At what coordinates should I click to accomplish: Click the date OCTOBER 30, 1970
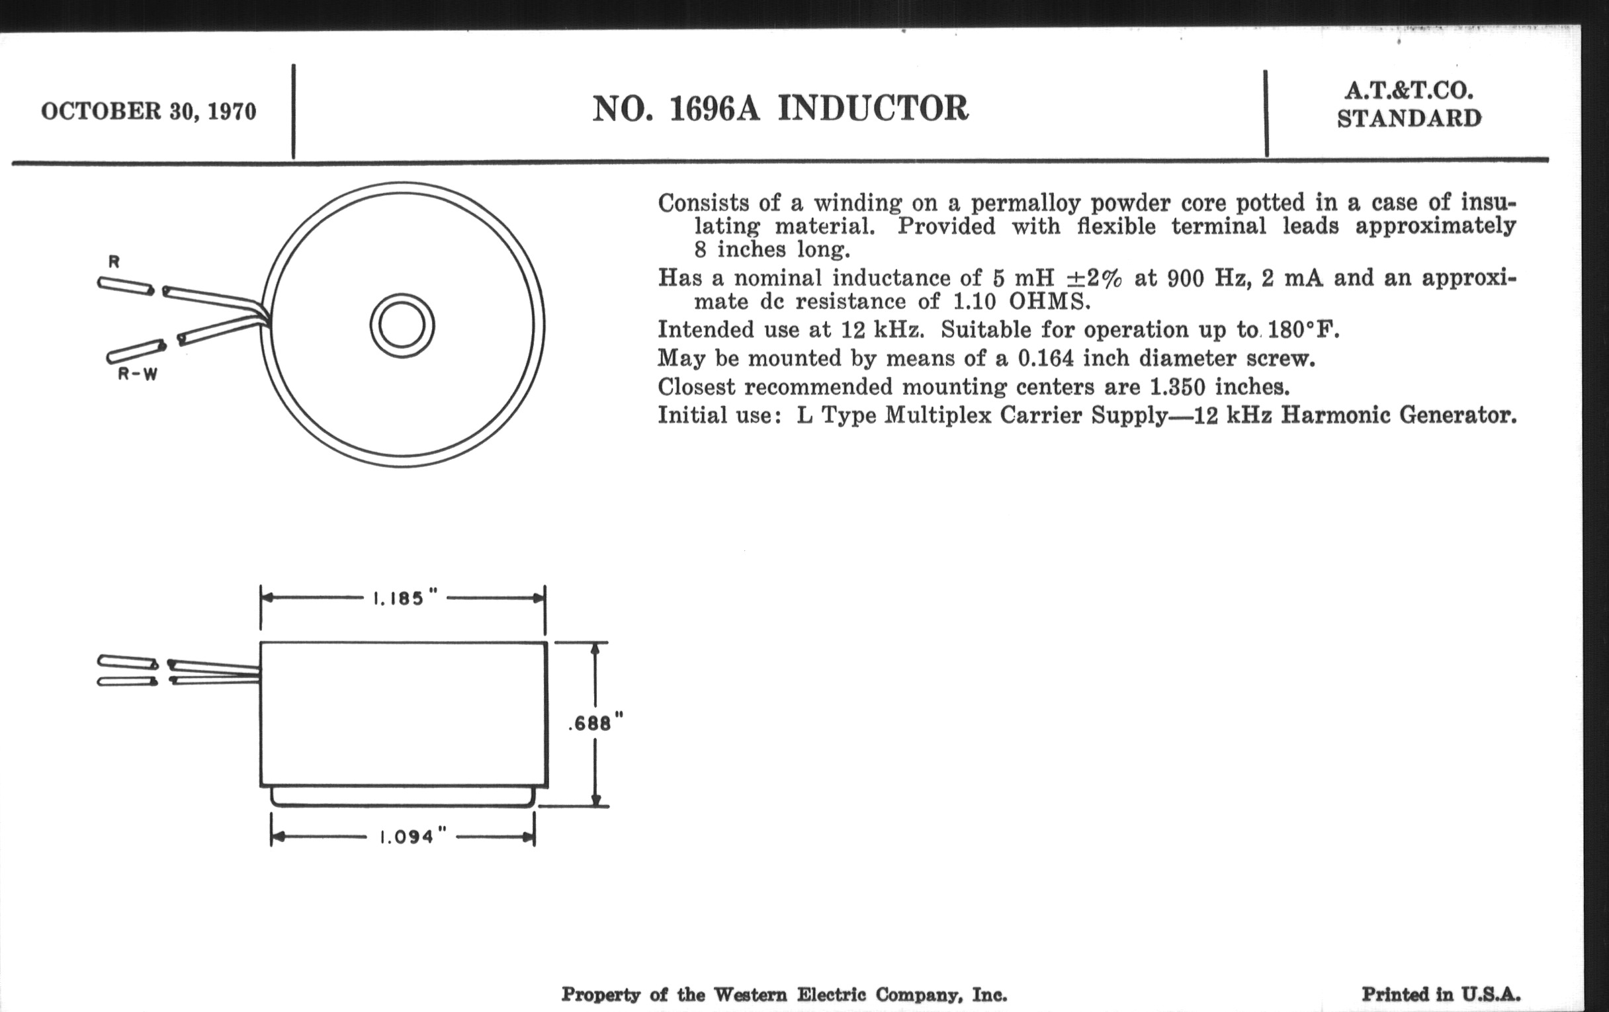coord(148,112)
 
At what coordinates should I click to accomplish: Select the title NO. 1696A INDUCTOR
coord(781,108)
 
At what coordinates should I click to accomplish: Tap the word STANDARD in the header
coord(1409,118)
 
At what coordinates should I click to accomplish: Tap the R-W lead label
coord(138,374)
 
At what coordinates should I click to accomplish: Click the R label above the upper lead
coord(114,262)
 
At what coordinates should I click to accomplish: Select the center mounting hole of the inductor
coord(402,326)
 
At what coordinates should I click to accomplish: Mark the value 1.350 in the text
coord(1178,387)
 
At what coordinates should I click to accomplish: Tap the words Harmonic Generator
coord(1399,415)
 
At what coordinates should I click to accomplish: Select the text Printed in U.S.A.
coord(1441,995)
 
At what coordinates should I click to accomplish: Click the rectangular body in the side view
coord(404,714)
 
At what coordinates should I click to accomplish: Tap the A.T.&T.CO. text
coord(1409,90)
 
